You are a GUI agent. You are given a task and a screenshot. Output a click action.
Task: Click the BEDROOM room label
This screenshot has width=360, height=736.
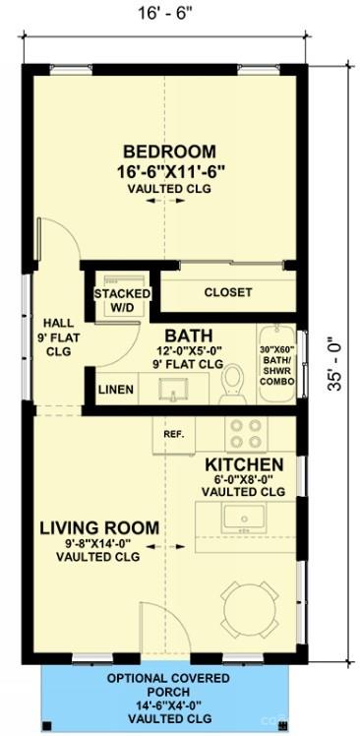(x=169, y=153)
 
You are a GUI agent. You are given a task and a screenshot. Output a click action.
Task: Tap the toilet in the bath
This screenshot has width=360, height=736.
(x=233, y=384)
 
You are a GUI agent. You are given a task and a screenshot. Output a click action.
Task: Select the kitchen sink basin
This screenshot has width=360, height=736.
(x=244, y=519)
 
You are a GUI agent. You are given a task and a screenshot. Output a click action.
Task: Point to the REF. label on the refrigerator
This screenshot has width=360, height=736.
(x=173, y=434)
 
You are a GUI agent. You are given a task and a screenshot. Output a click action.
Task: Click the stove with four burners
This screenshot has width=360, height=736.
(x=247, y=434)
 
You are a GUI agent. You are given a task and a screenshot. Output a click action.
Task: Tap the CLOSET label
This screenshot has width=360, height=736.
(x=228, y=292)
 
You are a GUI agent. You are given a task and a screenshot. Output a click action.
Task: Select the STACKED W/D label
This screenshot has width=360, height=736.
(x=123, y=300)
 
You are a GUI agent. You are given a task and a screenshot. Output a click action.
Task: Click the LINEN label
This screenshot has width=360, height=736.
(x=116, y=389)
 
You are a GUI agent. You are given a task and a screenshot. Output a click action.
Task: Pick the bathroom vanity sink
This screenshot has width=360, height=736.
(x=173, y=389)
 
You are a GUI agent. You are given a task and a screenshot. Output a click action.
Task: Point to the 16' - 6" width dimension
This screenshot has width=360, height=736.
(x=164, y=13)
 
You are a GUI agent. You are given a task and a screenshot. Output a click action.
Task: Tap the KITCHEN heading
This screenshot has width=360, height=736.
(x=244, y=464)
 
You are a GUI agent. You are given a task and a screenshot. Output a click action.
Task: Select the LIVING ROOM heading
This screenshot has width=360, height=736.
(x=99, y=528)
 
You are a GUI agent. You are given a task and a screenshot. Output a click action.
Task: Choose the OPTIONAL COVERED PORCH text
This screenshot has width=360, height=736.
(x=168, y=685)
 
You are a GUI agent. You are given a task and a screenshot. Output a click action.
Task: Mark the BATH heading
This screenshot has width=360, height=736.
(x=189, y=336)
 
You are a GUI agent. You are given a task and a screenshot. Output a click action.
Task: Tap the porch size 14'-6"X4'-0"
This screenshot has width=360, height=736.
(x=169, y=705)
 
